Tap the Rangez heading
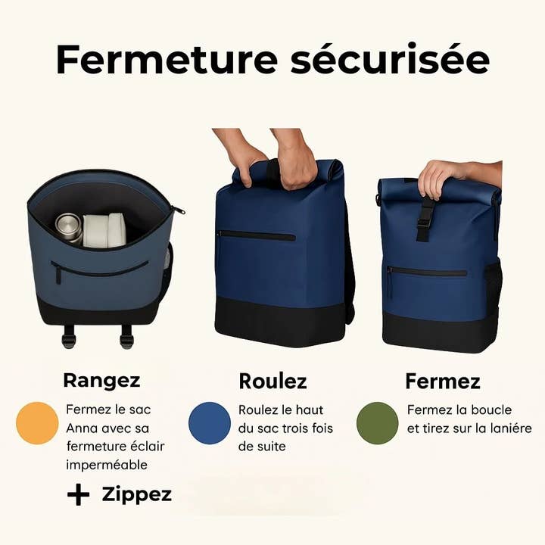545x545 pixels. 101,380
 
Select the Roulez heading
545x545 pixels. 272,381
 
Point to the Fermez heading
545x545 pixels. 443,381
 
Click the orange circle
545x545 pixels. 37,423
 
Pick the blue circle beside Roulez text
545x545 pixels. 210,423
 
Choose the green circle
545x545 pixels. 377,423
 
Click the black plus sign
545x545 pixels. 78,495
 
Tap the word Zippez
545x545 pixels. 137,495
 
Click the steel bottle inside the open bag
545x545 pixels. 69,227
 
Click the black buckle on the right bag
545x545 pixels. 425,217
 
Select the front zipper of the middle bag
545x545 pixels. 256,236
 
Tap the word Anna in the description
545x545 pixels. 82,428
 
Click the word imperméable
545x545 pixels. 107,464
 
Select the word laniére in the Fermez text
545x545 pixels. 506,428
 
